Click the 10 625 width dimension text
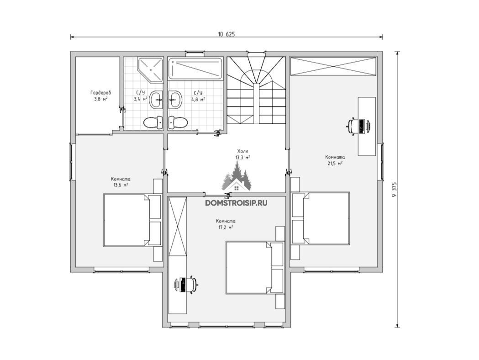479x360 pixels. (x=226, y=34)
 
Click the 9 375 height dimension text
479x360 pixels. (x=395, y=190)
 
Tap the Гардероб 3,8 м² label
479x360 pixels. (x=100, y=95)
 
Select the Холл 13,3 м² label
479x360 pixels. (x=243, y=154)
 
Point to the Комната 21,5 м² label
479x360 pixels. (x=335, y=160)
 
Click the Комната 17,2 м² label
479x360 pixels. (x=226, y=224)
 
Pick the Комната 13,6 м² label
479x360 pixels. (x=121, y=182)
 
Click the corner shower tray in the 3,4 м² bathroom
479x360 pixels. (x=150, y=70)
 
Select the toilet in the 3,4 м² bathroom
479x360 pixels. (x=154, y=122)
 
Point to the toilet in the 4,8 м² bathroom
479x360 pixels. (x=178, y=122)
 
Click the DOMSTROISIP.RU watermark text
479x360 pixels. (x=236, y=203)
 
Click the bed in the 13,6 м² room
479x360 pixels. (x=132, y=220)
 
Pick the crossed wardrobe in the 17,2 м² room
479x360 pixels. (x=178, y=225)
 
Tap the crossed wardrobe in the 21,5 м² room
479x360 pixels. (x=333, y=66)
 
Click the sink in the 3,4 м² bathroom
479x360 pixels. (x=156, y=99)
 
